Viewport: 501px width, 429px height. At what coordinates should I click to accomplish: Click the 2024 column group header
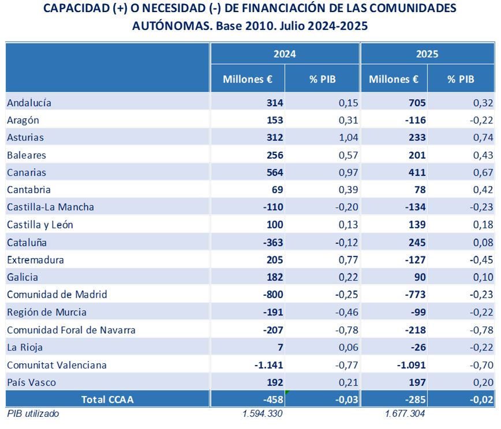click(x=285, y=54)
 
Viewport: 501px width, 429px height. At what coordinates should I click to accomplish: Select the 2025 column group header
click(x=427, y=54)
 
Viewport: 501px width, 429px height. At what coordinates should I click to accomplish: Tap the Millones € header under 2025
click(x=394, y=80)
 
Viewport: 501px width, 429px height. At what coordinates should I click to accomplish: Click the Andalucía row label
click(x=29, y=103)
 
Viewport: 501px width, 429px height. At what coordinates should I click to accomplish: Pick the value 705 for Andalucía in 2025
click(x=417, y=103)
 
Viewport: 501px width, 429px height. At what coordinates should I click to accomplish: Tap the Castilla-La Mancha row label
click(x=50, y=207)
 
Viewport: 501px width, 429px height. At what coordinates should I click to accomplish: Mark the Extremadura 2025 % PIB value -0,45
click(x=480, y=259)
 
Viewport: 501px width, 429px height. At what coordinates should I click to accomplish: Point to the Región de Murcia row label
click(x=47, y=312)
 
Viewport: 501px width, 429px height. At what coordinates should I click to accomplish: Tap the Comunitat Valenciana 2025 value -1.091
click(x=412, y=365)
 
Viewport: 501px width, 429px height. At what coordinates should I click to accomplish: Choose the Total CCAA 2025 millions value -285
click(x=415, y=400)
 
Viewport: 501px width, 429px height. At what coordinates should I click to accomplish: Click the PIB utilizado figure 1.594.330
click(x=263, y=413)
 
